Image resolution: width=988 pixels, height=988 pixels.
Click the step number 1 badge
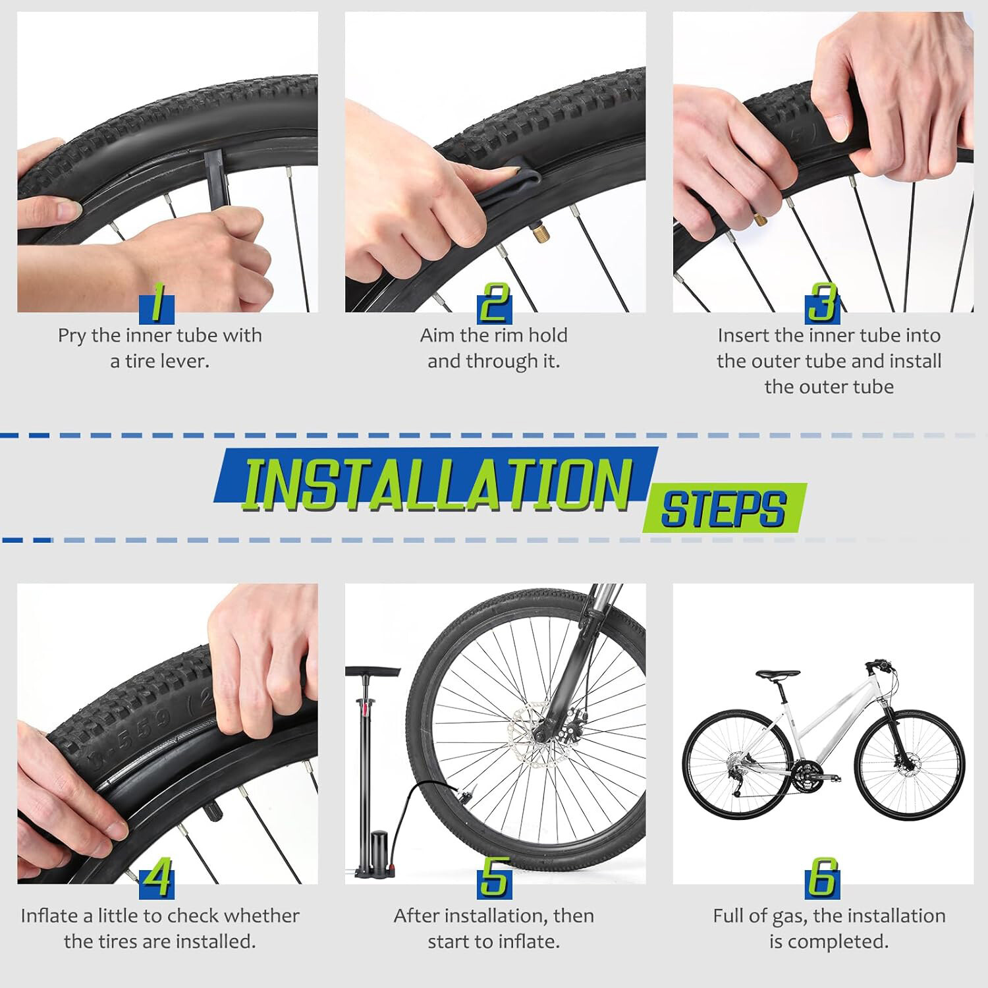(x=157, y=304)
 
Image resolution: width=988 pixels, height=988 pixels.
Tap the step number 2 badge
(x=494, y=304)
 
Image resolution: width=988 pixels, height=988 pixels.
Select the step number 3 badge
(x=823, y=304)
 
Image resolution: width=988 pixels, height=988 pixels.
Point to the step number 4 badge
(x=157, y=879)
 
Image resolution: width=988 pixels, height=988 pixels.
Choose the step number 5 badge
(x=494, y=879)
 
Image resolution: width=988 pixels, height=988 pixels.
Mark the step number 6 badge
(x=823, y=879)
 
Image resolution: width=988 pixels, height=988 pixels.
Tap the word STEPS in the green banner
(x=723, y=509)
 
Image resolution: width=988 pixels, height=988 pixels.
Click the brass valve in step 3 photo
(x=761, y=219)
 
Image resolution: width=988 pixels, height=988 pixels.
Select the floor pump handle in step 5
(x=373, y=672)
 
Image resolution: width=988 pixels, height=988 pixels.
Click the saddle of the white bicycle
(x=778, y=674)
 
